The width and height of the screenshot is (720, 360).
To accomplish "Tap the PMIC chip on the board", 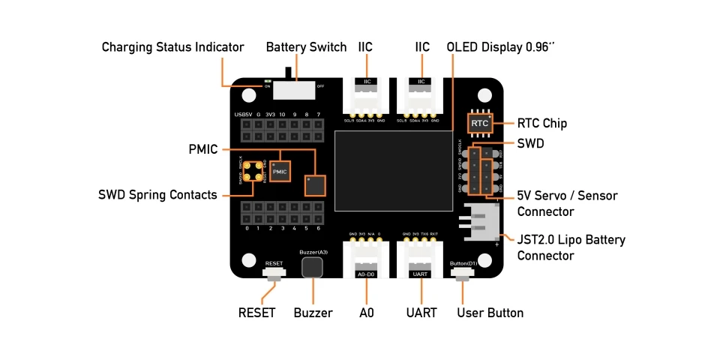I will click(280, 172).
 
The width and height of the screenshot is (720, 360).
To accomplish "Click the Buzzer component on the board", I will click(312, 268).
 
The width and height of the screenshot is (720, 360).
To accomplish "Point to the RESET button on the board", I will click(274, 275).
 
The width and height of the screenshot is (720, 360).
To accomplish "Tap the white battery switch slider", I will click(293, 88).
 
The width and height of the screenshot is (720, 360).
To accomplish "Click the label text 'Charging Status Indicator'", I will click(173, 47).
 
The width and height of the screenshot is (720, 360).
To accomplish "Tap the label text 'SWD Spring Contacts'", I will click(157, 195).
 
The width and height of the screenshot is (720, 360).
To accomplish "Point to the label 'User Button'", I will click(490, 313).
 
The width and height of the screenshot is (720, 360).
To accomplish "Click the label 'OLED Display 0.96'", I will click(499, 47).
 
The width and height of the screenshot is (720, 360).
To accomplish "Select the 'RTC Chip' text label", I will click(542, 123).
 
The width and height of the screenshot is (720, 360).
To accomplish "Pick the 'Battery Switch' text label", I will click(306, 47).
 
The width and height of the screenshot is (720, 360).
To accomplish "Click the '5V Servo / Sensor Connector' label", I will click(567, 203).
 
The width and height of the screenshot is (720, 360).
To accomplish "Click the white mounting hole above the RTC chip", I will click(485, 95).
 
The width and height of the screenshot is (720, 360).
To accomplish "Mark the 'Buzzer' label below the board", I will click(313, 313).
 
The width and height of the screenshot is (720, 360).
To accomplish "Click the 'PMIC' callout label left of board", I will click(202, 149).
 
